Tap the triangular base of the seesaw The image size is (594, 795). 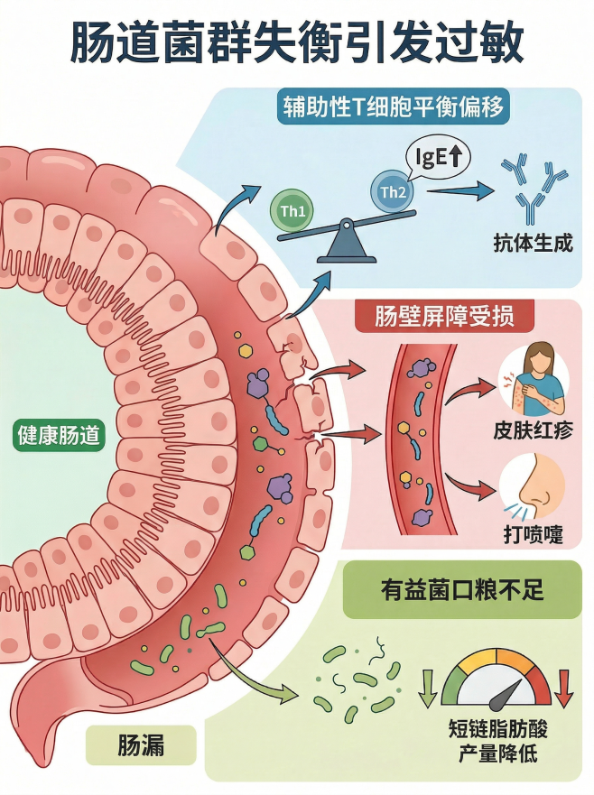tap(346, 244)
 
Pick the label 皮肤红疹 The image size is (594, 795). tap(533, 430)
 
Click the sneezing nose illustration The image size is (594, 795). tap(533, 487)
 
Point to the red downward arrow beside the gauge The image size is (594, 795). tap(564, 688)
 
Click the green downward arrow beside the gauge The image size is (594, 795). tap(428, 688)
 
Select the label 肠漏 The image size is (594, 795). tap(141, 745)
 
